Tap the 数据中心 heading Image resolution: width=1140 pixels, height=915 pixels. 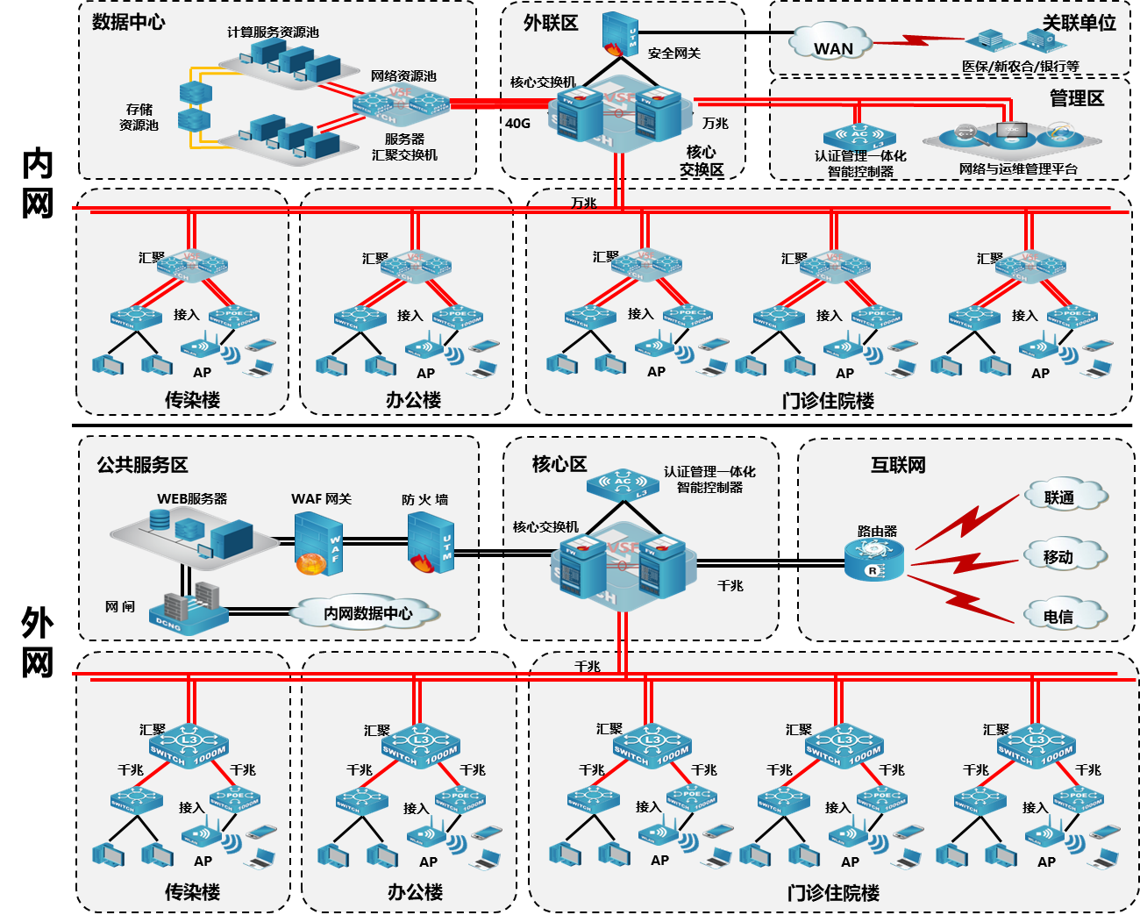pos(128,22)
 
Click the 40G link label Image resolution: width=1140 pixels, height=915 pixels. pos(517,124)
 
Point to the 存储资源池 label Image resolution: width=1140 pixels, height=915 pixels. pos(139,117)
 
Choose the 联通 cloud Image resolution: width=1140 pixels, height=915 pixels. pos(1064,497)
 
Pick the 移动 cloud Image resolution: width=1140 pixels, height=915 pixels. pos(1062,556)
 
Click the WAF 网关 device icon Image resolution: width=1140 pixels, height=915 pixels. pos(317,544)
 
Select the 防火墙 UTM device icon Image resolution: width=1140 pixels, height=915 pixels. pos(430,542)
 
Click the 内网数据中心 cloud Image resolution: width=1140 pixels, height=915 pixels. pos(367,612)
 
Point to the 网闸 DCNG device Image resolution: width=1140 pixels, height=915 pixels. pos(188,608)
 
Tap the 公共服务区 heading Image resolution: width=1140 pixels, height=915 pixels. pos(142,465)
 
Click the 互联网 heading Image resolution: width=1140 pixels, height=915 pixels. pos(898,465)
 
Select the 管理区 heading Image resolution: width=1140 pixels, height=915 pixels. pos(1076,98)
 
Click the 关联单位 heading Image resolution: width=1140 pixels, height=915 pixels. pos(1079,23)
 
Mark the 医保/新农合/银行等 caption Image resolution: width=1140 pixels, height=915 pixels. pos(1020,67)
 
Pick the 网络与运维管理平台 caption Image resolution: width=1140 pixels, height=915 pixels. pos(1018,169)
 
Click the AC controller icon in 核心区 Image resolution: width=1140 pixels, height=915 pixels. pos(623,484)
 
